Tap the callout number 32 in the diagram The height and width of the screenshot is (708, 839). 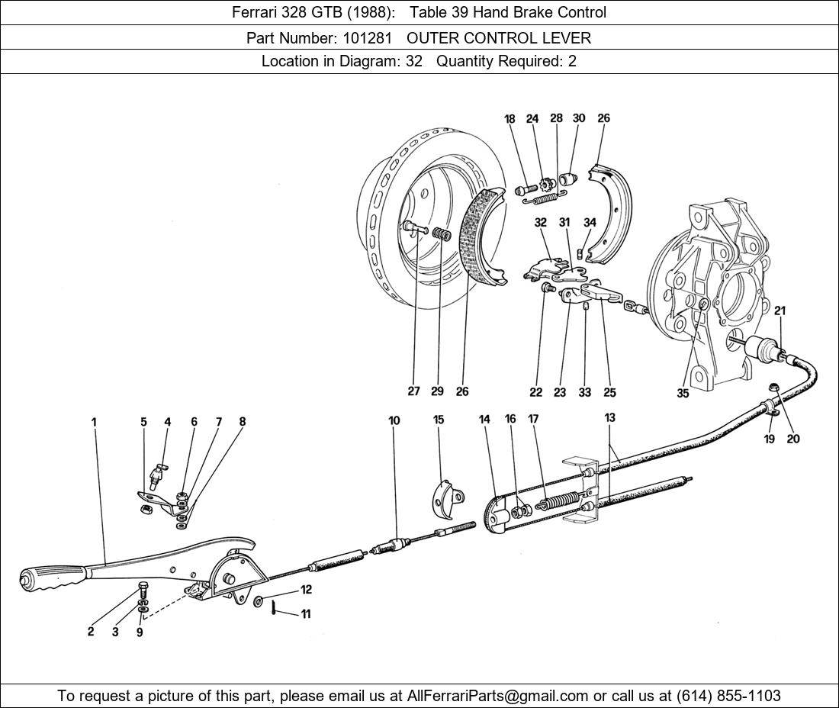pos(541,222)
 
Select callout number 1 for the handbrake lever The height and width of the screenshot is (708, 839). pos(94,422)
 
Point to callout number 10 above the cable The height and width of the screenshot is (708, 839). pos(394,420)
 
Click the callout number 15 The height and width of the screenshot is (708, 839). pos(439,420)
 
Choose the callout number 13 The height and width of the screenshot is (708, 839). pos(610,417)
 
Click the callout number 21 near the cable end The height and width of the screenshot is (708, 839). pos(780,311)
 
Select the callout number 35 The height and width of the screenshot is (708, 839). pos(683,394)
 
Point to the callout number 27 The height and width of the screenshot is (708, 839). pos(413,391)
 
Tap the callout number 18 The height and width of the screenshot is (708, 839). pos(510,119)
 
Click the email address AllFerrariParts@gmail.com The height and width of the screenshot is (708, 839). pos(498,696)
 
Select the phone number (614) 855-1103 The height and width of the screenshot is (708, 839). pos(728,696)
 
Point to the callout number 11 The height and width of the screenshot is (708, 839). pos(305,614)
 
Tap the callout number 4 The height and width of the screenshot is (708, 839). pos(168,422)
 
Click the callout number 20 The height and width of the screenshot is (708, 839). pos(793,439)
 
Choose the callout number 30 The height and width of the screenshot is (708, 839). pos(579,117)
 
